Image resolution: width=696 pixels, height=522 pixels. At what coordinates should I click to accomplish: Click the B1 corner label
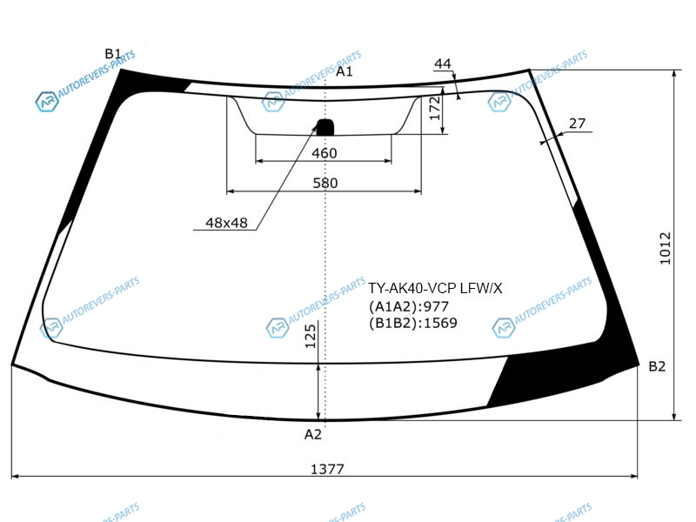pyautogui.click(x=113, y=54)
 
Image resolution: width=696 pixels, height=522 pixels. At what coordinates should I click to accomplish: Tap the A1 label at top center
pyautogui.click(x=344, y=71)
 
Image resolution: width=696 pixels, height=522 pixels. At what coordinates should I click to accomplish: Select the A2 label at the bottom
pyautogui.click(x=312, y=434)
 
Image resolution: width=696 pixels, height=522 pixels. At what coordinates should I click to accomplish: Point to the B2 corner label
pyautogui.click(x=657, y=366)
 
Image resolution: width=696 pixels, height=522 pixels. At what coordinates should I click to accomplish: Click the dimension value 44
pyautogui.click(x=442, y=64)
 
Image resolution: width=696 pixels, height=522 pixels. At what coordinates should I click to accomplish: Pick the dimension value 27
pyautogui.click(x=577, y=124)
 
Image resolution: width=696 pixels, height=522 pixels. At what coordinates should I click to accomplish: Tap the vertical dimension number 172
pyautogui.click(x=435, y=109)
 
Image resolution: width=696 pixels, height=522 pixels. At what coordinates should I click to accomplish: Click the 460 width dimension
pyautogui.click(x=324, y=153)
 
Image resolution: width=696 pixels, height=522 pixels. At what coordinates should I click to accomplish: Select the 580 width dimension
pyautogui.click(x=325, y=183)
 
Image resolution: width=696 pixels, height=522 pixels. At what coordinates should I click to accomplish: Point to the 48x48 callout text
pyautogui.click(x=226, y=223)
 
